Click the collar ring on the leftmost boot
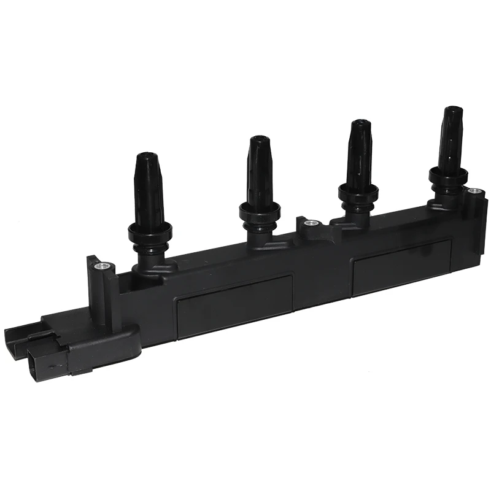coord(150,231)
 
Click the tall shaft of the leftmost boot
coord(149,190)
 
